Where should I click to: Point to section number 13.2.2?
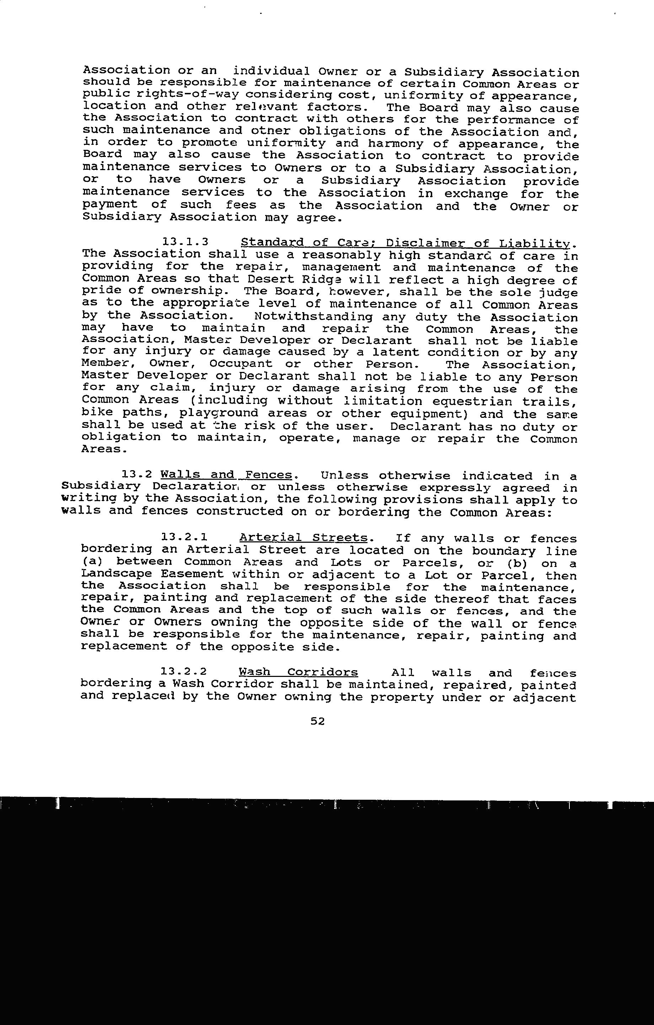[x=184, y=672]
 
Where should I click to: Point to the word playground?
[x=219, y=413]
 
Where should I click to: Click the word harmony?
[x=396, y=144]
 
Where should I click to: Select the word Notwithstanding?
[x=313, y=316]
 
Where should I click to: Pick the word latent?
[x=400, y=352]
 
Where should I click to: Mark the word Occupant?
[x=241, y=364]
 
